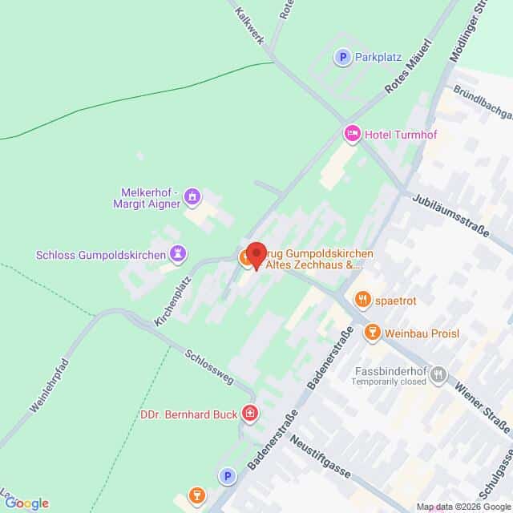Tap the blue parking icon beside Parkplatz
[x=343, y=57]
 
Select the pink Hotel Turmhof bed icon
[x=350, y=133]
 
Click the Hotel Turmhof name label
[x=393, y=133]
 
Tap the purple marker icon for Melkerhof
[x=192, y=196]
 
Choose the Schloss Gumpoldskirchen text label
[x=99, y=255]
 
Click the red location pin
[x=256, y=255]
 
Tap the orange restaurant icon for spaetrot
[x=362, y=299]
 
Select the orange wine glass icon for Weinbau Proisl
[x=371, y=333]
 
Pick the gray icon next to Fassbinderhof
[x=438, y=373]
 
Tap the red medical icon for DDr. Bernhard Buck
[x=251, y=413]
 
